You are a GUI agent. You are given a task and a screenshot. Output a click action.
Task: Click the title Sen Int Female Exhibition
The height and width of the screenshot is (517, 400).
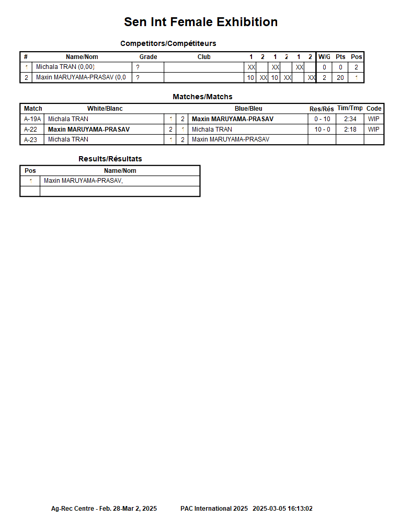pyautogui.click(x=200, y=22)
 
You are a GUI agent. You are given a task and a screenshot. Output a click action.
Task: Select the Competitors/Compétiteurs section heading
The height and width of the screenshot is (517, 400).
pyautogui.click(x=168, y=43)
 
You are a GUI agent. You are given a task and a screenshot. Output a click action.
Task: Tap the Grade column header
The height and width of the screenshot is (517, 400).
pyautogui.click(x=148, y=57)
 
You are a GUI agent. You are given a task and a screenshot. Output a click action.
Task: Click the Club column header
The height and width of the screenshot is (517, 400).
pyautogui.click(x=204, y=57)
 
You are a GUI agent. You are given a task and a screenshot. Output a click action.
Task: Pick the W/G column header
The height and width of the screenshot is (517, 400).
pyautogui.click(x=324, y=57)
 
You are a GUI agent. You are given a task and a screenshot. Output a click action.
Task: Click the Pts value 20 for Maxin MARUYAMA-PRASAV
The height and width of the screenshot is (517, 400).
pyautogui.click(x=340, y=78)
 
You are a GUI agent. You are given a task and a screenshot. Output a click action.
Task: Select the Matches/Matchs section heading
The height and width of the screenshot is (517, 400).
pyautogui.click(x=202, y=97)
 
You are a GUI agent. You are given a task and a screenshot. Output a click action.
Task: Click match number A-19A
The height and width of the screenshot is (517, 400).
pyautogui.click(x=32, y=119)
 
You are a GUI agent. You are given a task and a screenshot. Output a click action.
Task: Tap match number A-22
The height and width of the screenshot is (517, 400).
pyautogui.click(x=31, y=130)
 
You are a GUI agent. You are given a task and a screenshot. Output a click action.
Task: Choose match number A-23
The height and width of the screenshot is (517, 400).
pyautogui.click(x=31, y=139)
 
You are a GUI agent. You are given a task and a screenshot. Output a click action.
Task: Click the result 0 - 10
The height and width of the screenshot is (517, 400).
pyautogui.click(x=322, y=119)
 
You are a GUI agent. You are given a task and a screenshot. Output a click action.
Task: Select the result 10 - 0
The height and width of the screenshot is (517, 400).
pyautogui.click(x=322, y=130)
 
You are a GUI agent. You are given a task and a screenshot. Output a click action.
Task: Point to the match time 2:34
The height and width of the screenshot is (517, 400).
pyautogui.click(x=350, y=119)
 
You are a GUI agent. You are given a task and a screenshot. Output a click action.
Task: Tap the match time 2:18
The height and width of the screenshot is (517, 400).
pyautogui.click(x=350, y=130)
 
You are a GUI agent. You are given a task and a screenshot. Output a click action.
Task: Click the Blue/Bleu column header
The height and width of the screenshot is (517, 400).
pyautogui.click(x=248, y=109)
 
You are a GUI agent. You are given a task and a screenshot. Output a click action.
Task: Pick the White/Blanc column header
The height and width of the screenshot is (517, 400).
pyautogui.click(x=105, y=109)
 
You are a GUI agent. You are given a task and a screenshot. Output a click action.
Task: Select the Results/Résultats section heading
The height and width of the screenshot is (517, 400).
pyautogui.click(x=110, y=159)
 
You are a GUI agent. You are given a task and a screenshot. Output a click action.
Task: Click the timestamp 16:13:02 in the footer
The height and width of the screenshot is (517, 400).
pyautogui.click(x=300, y=509)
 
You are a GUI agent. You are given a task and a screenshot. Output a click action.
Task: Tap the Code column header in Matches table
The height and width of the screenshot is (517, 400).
pyautogui.click(x=374, y=109)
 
